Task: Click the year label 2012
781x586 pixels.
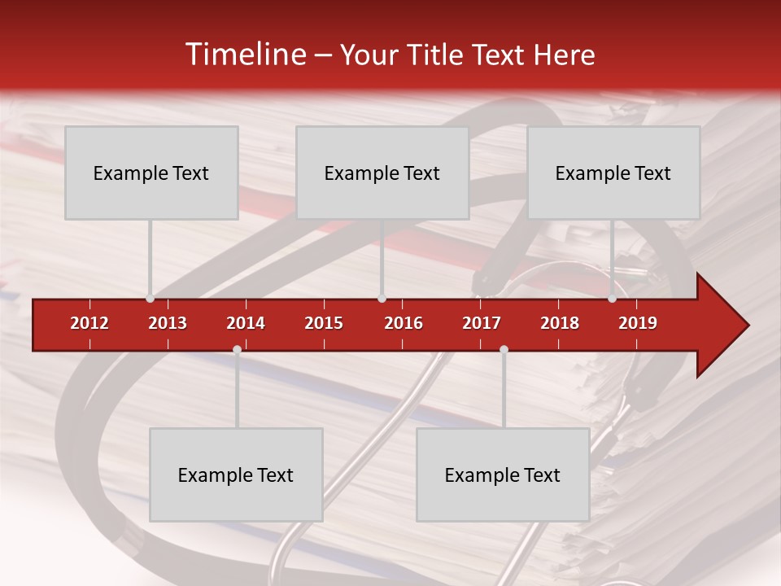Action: coord(89,323)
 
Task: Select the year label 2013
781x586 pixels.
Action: coord(168,323)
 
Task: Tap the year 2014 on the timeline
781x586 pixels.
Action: coord(246,323)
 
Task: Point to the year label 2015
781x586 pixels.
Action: coord(324,323)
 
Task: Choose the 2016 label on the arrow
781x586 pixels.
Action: coord(404,323)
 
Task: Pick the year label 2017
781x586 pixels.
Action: coord(482,323)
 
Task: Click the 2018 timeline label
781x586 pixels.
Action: coord(560,323)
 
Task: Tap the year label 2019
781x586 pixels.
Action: coord(638,323)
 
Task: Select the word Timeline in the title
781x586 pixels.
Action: coord(244,55)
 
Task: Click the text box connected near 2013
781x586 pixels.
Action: coord(151,173)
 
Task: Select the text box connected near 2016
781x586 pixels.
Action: coord(382,173)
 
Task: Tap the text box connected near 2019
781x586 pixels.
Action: coord(613,173)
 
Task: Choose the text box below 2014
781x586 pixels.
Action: coord(236,474)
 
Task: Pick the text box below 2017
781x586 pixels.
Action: coord(503,474)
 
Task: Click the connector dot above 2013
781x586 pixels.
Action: coord(150,299)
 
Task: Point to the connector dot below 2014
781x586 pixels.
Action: coord(237,349)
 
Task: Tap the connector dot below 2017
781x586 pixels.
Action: coord(504,349)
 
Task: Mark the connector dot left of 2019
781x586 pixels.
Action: coord(612,299)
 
